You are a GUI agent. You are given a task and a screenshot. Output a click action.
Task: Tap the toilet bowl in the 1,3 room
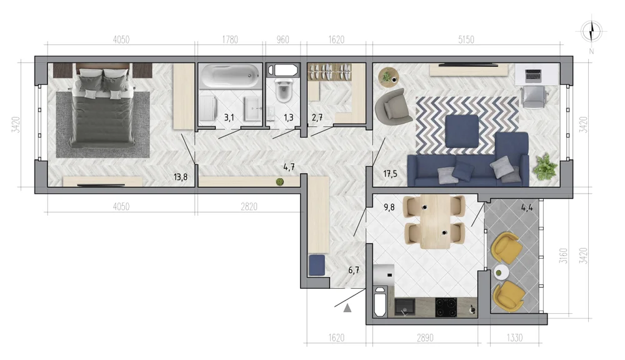[283, 91]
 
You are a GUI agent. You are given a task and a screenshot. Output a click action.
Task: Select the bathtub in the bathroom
[230, 76]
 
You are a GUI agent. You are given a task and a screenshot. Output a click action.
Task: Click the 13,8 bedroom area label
[181, 177]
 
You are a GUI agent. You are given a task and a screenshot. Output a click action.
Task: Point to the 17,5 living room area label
[390, 173]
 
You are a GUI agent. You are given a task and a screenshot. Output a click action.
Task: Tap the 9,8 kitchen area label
[389, 207]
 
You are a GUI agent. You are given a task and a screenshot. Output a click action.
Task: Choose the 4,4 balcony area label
[527, 207]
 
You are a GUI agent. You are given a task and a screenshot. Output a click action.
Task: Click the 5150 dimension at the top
[466, 39]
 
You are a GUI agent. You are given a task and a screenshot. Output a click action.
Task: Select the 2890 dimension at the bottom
[425, 338]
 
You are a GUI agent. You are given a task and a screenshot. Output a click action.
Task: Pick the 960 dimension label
[282, 39]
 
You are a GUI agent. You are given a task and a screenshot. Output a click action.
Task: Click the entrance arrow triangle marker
[347, 307]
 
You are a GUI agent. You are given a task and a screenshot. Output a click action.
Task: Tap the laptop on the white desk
[533, 74]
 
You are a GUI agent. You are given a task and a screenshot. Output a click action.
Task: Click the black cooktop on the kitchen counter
[446, 307]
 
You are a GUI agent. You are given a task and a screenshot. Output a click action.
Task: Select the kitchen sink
[404, 307]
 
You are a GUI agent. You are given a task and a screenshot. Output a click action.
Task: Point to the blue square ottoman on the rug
[462, 131]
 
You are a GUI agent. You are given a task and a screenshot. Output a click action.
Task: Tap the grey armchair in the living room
[392, 105]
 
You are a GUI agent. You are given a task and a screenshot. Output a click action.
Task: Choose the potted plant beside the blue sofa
[544, 167]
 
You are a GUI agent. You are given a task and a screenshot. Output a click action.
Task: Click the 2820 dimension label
[249, 206]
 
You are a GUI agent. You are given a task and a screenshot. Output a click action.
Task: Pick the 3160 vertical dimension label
[563, 256]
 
